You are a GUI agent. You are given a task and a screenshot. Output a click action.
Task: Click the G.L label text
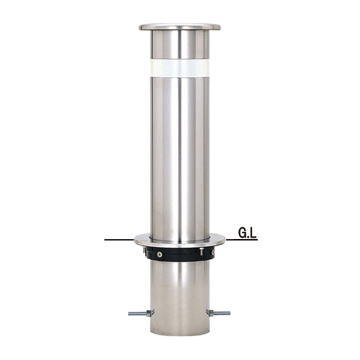247,233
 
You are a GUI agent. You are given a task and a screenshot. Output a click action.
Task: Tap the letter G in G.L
242,233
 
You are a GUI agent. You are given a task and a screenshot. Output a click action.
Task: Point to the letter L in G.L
253,233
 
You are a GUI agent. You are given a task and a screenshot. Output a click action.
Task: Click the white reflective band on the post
180,68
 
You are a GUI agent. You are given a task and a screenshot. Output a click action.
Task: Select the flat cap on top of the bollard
180,27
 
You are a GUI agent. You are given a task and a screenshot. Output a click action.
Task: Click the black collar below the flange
180,254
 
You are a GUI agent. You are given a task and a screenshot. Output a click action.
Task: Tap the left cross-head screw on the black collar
158,255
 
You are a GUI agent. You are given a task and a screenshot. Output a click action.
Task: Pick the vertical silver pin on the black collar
201,251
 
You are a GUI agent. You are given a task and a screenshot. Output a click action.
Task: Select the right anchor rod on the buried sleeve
218,312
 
